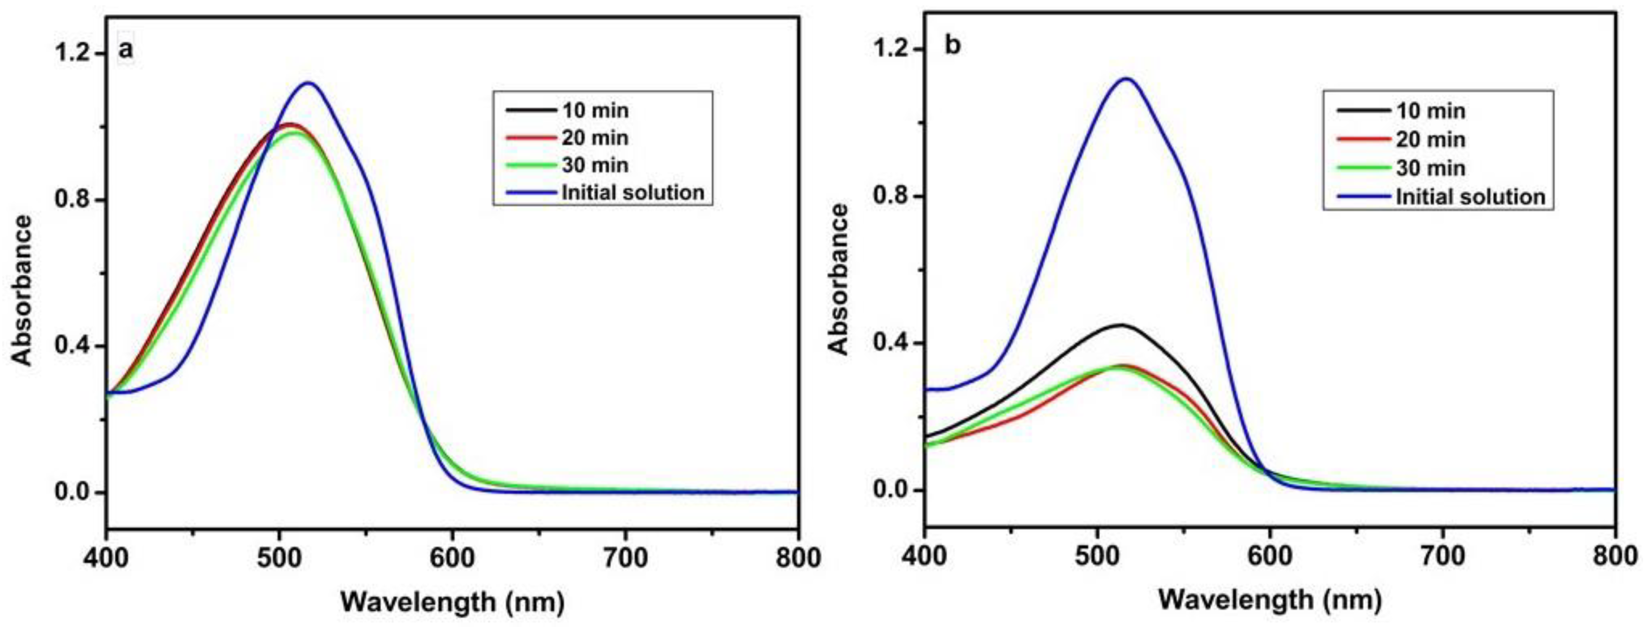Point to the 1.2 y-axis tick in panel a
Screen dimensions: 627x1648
point(74,54)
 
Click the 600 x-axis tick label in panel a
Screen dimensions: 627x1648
point(452,558)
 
